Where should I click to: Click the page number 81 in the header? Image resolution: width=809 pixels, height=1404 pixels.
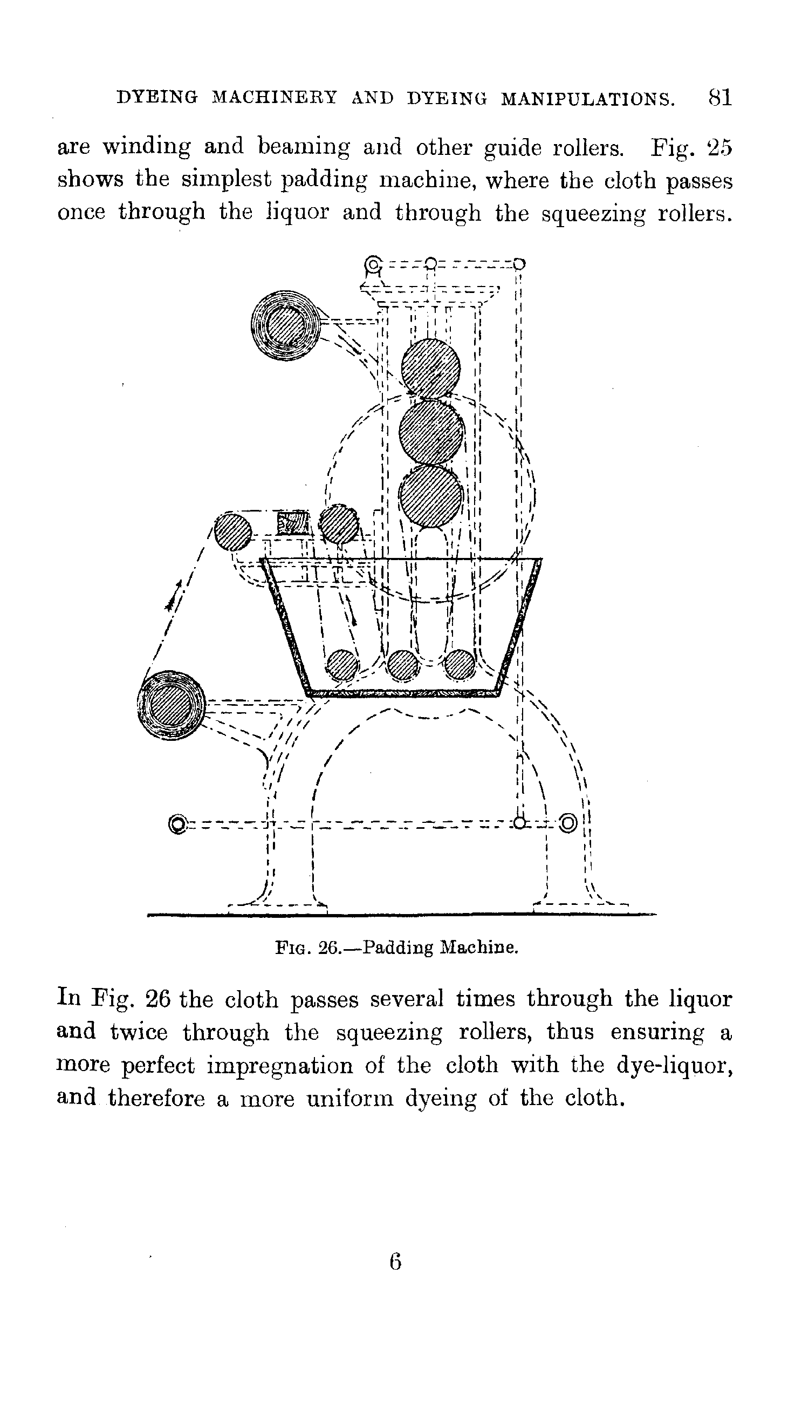pos(720,98)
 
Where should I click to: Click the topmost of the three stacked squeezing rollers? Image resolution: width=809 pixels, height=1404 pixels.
pos(430,368)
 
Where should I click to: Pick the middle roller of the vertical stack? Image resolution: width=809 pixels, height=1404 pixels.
pos(431,432)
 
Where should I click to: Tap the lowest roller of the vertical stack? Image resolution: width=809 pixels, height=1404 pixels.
pos(431,496)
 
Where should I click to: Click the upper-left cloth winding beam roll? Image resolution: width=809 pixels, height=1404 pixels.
pos(285,326)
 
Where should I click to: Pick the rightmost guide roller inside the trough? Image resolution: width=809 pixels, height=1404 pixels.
pos(461,665)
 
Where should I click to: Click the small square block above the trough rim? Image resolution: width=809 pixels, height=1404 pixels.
pos(292,523)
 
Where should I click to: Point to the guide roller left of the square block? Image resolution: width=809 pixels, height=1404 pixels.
pos(232,530)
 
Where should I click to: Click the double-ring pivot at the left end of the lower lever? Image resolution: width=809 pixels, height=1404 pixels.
pos(178,825)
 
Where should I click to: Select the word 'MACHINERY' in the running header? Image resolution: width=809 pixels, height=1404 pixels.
pos(275,98)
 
